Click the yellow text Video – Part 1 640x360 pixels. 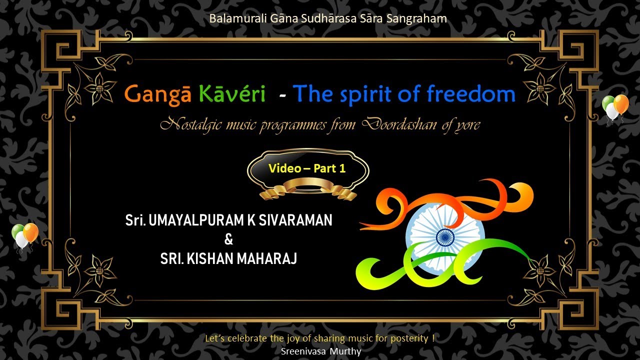(x=307, y=168)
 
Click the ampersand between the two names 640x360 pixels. (x=229, y=239)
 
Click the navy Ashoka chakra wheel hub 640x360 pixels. (x=445, y=236)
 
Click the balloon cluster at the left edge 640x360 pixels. (x=24, y=235)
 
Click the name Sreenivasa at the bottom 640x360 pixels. (x=303, y=351)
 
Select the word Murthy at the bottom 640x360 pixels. (x=345, y=351)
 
